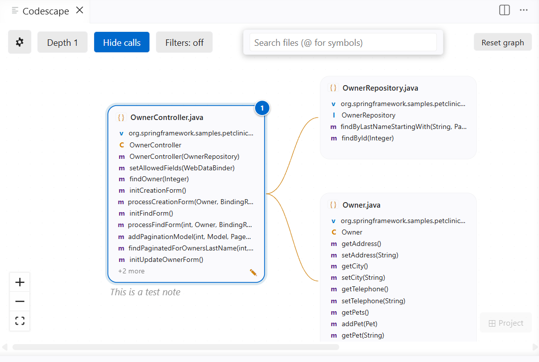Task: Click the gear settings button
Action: tap(19, 42)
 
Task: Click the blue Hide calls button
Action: tap(122, 42)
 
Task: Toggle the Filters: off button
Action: tap(184, 42)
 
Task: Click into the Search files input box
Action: tap(343, 42)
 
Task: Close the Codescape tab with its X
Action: tap(80, 10)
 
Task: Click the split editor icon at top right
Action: tap(504, 10)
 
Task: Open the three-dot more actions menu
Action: tap(524, 10)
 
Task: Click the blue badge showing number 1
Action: tap(262, 108)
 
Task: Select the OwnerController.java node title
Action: tap(166, 118)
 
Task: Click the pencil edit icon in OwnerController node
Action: tap(253, 272)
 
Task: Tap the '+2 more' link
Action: tap(132, 271)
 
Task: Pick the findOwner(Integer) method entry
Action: tap(159, 179)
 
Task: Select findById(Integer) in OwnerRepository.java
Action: tap(368, 138)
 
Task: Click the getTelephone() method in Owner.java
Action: tap(365, 289)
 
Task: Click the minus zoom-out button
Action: tap(20, 302)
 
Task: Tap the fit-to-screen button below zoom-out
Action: tap(20, 321)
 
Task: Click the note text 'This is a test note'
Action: tap(145, 292)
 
